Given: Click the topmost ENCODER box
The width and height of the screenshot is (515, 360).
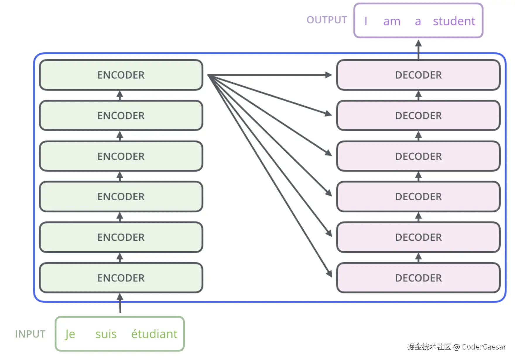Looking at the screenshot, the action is click(121, 75).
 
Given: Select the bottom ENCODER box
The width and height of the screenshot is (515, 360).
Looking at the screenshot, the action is click(121, 278).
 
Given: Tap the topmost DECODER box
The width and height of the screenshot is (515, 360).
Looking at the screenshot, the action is click(418, 75).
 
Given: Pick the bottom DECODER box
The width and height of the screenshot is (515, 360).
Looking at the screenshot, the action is click(418, 278).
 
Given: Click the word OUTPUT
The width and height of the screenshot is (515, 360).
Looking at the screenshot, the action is click(327, 20).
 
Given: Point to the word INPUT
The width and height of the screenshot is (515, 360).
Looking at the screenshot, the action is click(30, 334).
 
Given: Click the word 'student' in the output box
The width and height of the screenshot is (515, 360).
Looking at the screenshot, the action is click(454, 21).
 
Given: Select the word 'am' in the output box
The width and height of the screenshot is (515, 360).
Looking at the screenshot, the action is click(392, 22).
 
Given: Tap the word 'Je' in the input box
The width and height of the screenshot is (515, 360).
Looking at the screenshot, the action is click(70, 334).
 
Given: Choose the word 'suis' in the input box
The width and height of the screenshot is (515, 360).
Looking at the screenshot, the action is click(106, 334).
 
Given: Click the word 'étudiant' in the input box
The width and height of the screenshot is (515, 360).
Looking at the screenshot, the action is click(154, 334).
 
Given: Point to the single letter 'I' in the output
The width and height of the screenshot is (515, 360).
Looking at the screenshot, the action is click(366, 21).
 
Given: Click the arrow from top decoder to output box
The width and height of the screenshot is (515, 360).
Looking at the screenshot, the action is click(418, 50).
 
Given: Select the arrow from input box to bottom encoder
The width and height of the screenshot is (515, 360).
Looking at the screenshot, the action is click(120, 303).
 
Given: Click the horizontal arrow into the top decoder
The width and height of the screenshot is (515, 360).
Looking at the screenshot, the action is click(270, 75).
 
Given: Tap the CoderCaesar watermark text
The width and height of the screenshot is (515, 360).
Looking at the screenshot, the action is click(456, 347).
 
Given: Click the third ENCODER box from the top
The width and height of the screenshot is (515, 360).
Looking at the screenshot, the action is click(121, 156).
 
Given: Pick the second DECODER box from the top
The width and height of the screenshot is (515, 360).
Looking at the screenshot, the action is click(418, 116).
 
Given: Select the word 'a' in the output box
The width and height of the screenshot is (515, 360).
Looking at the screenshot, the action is click(418, 22).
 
